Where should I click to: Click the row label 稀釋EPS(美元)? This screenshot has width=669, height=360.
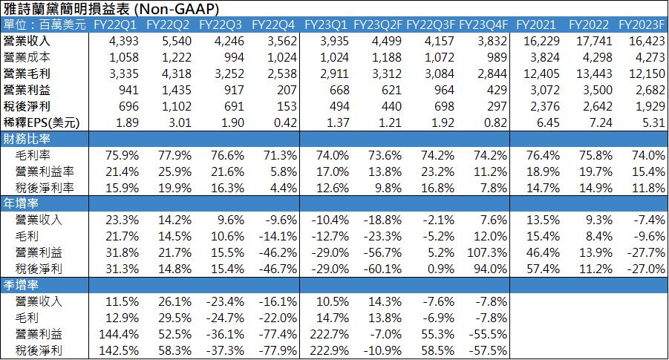click(41, 122)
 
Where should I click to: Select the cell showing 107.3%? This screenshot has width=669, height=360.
click(488, 253)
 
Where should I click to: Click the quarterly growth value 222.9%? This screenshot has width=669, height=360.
click(330, 350)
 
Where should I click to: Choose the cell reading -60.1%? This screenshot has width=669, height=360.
click(382, 269)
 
